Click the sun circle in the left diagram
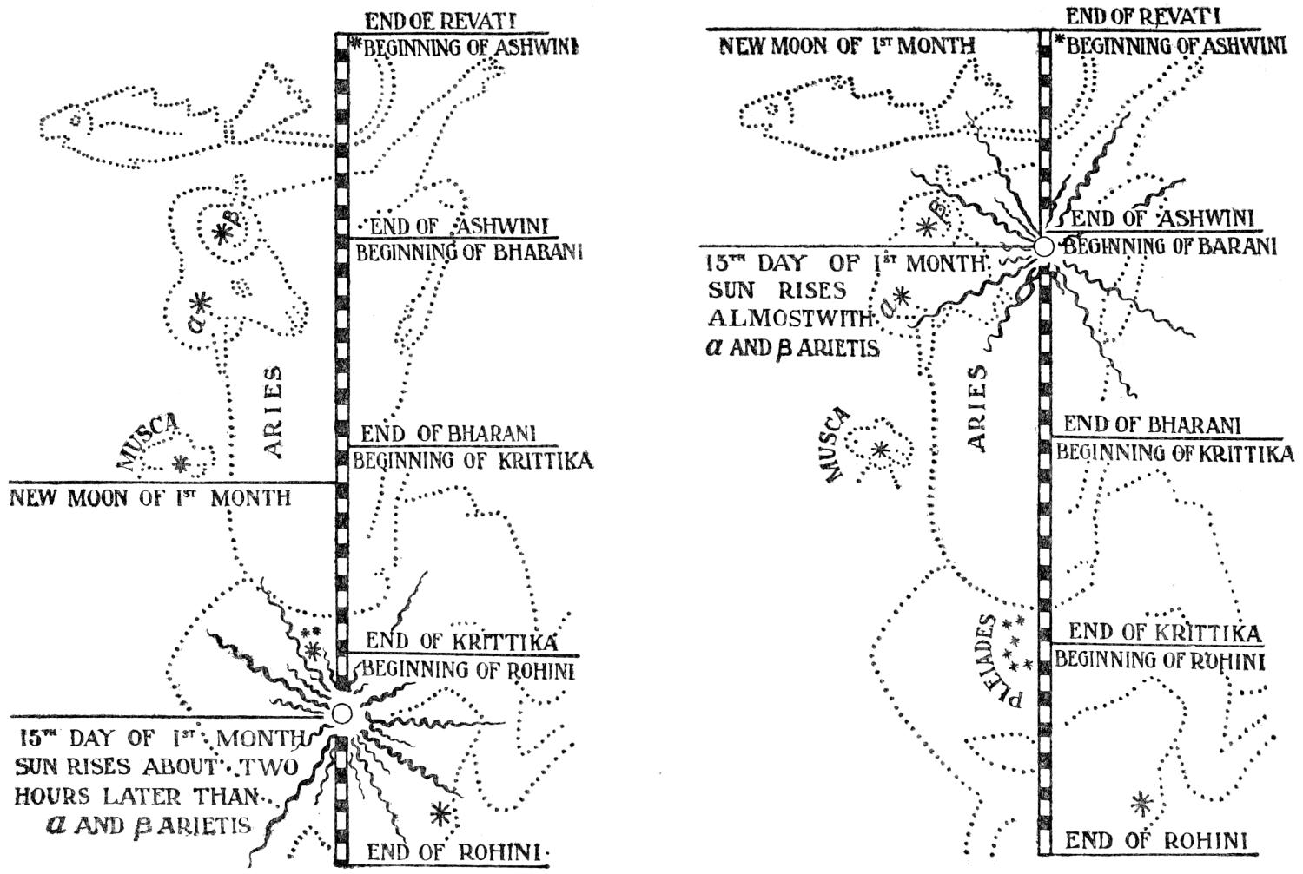coord(341,713)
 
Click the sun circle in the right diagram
coord(1044,246)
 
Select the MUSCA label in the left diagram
coord(149,441)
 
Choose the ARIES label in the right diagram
coord(977,407)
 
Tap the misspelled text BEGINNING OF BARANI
coord(1170,246)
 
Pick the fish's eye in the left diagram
coord(76,121)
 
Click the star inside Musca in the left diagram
coord(181,464)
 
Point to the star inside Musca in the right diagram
coord(880,450)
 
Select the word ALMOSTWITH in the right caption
coord(789,319)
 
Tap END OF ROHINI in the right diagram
coord(1155,840)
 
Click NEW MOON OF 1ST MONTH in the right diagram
coord(845,46)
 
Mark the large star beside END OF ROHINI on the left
coord(440,813)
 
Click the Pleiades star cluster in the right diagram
coord(1015,643)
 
